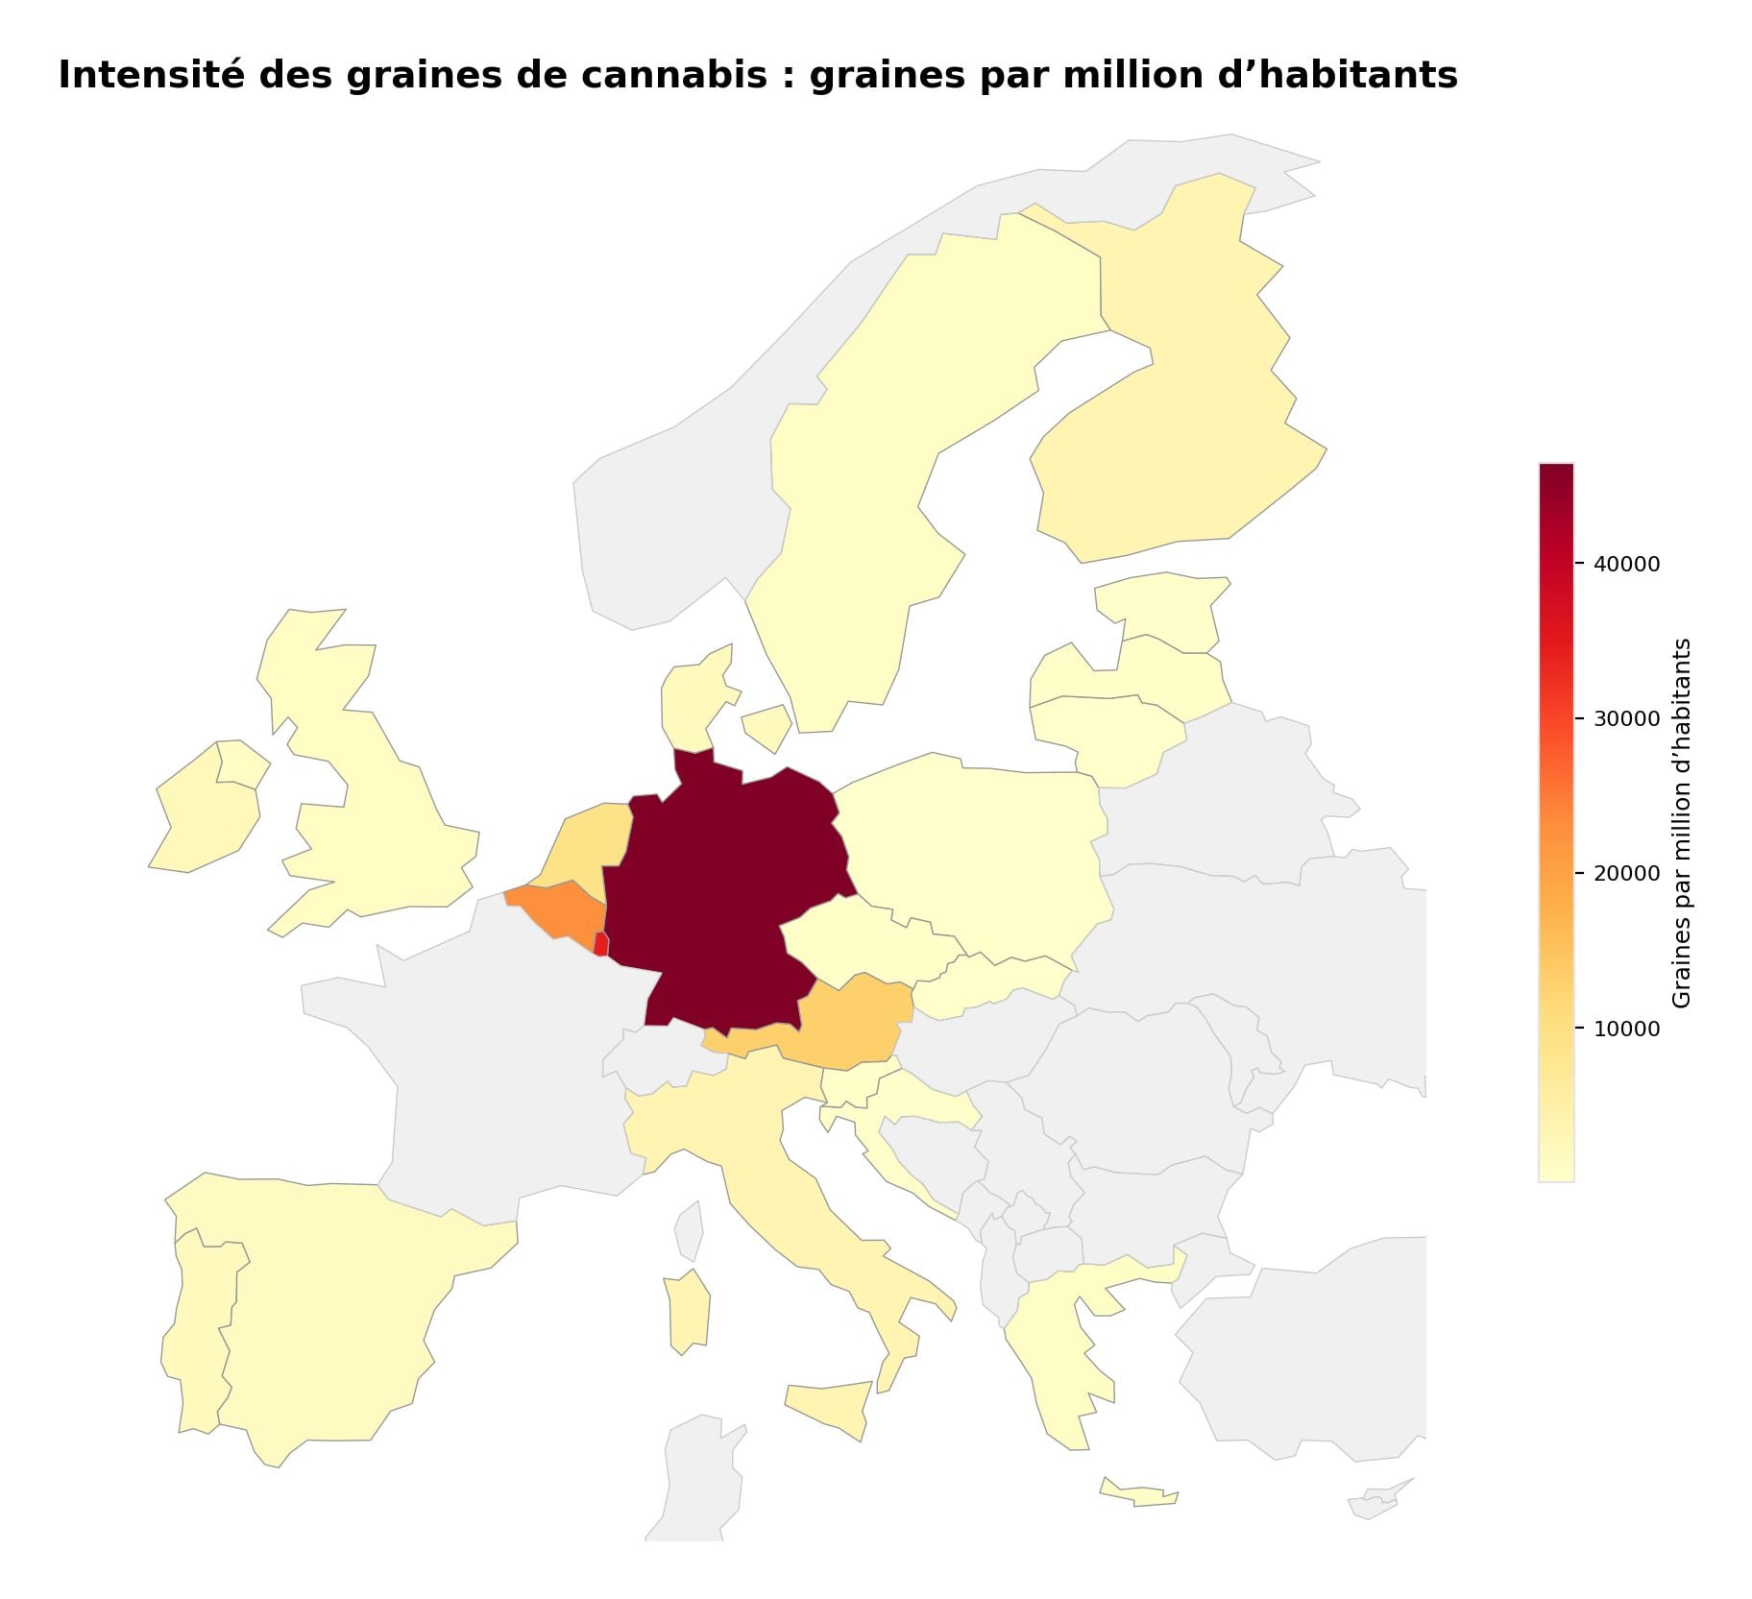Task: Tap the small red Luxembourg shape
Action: coord(600,944)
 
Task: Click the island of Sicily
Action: coord(826,1407)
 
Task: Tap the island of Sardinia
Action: coord(689,1311)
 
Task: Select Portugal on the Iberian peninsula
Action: coord(197,1345)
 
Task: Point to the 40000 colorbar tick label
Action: coord(1626,564)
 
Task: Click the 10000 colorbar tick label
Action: coord(1626,1029)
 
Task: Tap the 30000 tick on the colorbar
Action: coord(1626,718)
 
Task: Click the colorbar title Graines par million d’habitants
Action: coord(1680,822)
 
